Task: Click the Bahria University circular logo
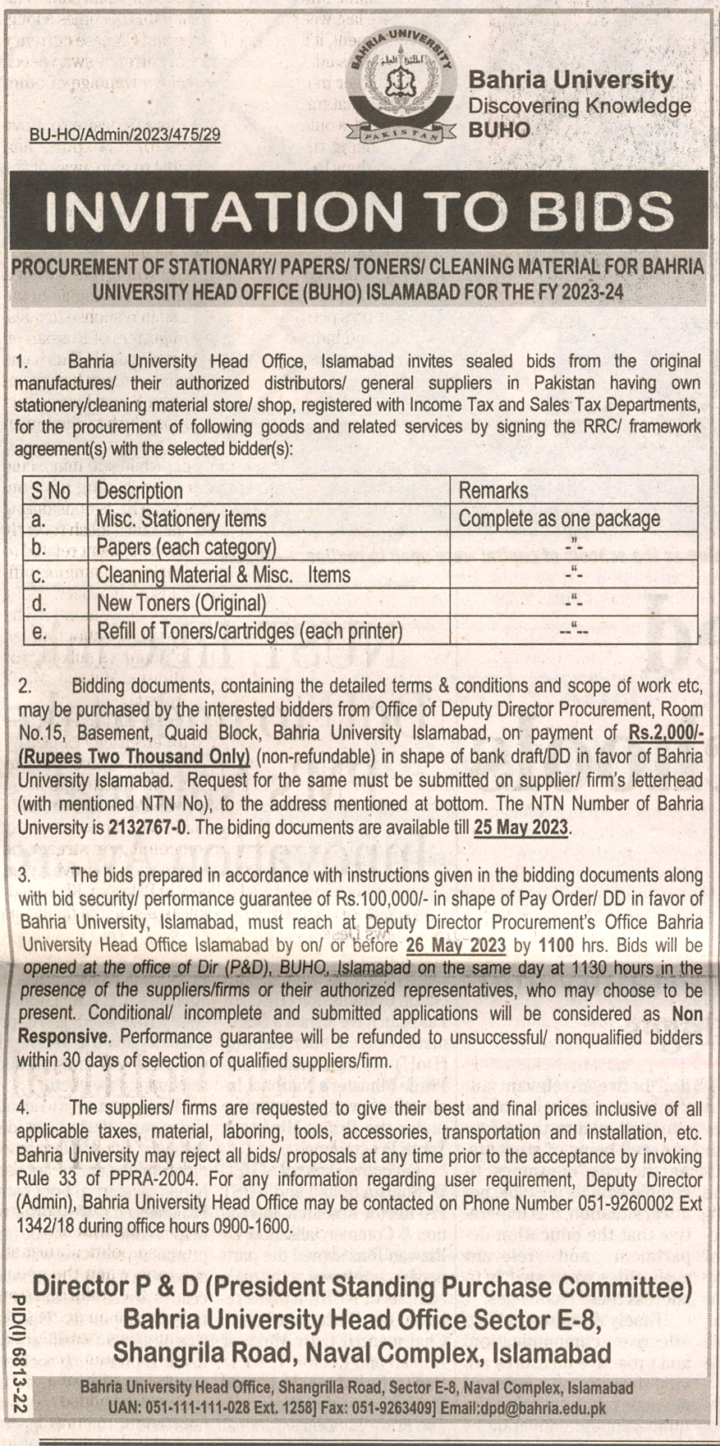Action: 401,89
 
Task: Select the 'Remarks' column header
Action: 493,491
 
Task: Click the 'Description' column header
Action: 140,491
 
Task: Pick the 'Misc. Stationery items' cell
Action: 181,519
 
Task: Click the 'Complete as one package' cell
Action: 559,519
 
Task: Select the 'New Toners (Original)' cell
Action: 181,603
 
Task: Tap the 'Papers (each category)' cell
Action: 186,547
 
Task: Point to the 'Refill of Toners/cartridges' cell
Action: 250,631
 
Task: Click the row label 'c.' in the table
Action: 38,575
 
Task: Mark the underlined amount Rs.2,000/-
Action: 666,733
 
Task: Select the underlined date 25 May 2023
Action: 521,826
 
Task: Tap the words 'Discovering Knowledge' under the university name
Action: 579,106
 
